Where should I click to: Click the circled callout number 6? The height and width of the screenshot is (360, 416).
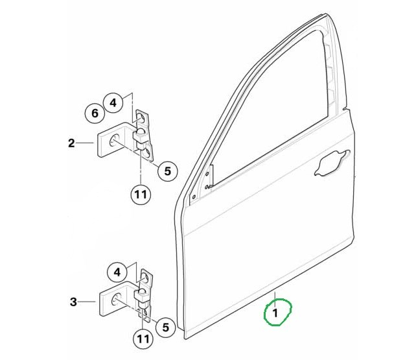point(95,114)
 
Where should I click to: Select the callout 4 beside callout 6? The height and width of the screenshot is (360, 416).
point(113,102)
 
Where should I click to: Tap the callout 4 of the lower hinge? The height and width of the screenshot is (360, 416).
point(117,272)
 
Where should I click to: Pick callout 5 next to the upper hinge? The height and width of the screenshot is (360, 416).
point(168,171)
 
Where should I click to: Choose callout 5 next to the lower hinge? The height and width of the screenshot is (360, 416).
point(165,328)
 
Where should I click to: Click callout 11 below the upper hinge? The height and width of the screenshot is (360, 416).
point(141,195)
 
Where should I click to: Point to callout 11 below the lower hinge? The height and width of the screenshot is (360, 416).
point(143,339)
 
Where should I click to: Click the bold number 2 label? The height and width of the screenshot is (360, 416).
point(71,143)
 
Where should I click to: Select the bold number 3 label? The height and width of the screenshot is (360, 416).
point(73,302)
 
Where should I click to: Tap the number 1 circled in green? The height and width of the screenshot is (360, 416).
point(275,313)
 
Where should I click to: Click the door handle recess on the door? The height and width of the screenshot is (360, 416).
point(331,163)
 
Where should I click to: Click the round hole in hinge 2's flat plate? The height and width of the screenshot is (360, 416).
point(114,141)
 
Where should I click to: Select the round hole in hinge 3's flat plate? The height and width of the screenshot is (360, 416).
point(116,300)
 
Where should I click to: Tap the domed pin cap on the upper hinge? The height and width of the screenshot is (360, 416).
point(141,132)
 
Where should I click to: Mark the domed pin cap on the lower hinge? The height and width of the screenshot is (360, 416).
point(143,292)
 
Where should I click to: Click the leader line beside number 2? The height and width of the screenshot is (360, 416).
point(85,143)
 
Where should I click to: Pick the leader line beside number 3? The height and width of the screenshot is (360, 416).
point(87,302)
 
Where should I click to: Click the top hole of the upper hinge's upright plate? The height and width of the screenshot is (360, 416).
point(141,117)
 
